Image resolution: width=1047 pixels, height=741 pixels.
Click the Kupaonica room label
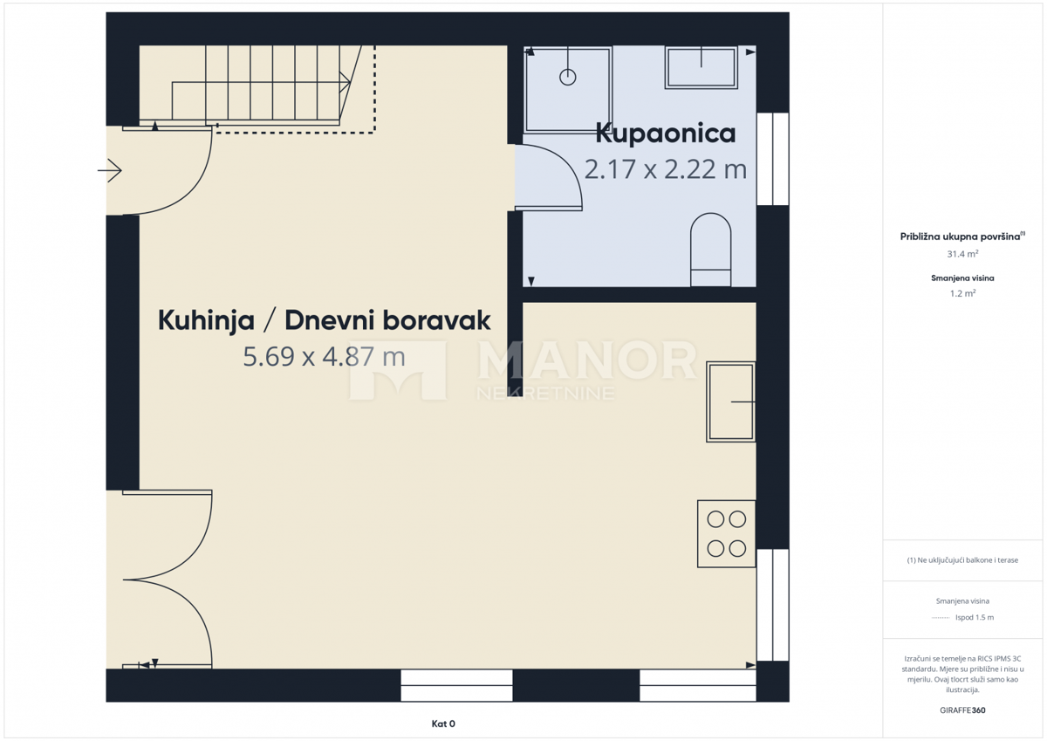coord(665,134)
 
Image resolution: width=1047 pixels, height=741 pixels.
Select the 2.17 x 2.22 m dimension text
coord(665,168)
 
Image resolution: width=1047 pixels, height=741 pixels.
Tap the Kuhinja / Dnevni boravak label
coord(324,320)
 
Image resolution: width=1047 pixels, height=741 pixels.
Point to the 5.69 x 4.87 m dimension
coord(324,356)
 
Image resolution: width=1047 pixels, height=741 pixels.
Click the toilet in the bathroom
coord(710,250)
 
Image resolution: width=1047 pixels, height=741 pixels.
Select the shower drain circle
coord(568,77)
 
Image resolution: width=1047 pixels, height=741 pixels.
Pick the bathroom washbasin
coord(701,67)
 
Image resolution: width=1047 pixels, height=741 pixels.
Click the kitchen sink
coord(730,401)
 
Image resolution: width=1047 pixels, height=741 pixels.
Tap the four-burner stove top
coord(726,533)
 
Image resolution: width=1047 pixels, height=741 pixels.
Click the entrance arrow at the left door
coord(110,171)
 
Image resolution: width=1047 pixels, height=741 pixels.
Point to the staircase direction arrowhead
coord(346,82)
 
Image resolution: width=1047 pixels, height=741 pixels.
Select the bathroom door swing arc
coord(558,170)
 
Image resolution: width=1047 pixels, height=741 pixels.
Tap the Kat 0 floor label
coord(443,724)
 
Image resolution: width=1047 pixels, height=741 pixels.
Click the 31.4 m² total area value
coord(962,254)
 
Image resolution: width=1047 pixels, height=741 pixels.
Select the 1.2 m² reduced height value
coord(962,293)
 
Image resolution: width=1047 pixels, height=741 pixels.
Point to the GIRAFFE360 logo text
coord(962,710)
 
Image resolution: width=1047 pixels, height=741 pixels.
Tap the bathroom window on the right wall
coord(772,159)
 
